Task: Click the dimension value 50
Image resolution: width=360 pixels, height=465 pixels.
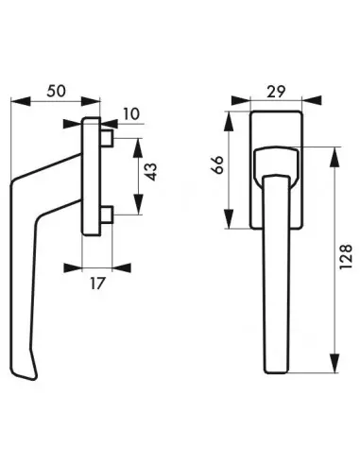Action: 57,92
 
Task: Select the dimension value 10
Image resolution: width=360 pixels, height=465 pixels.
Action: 131,114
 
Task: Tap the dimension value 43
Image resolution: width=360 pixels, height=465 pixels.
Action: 152,172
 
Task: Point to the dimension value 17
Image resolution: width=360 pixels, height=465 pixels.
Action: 96,284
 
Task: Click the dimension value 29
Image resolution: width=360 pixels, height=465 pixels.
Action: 276,92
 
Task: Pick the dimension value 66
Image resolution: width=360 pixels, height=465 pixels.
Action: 218,164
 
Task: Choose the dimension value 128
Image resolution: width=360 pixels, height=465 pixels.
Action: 346,257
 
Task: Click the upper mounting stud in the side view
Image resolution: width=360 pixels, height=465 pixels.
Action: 107,139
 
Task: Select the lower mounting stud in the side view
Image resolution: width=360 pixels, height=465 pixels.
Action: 107,215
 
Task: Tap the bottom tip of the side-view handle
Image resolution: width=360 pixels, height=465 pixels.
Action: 35,378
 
